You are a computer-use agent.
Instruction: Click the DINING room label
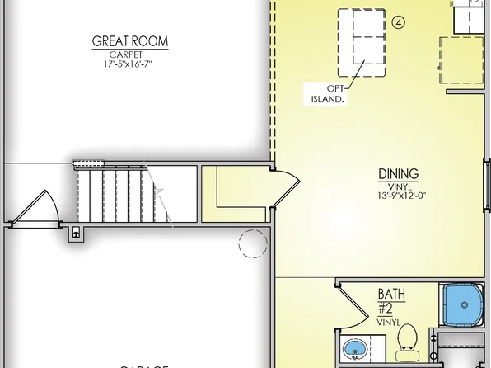pyautogui.click(x=399, y=174)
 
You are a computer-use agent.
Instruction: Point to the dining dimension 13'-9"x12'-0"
pyautogui.click(x=399, y=196)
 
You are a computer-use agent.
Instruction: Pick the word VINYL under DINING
pyautogui.click(x=399, y=186)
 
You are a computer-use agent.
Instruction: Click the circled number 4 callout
pyautogui.click(x=399, y=23)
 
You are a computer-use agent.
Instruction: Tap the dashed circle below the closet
pyautogui.click(x=253, y=243)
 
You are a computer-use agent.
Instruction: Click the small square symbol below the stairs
pyautogui.click(x=77, y=233)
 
